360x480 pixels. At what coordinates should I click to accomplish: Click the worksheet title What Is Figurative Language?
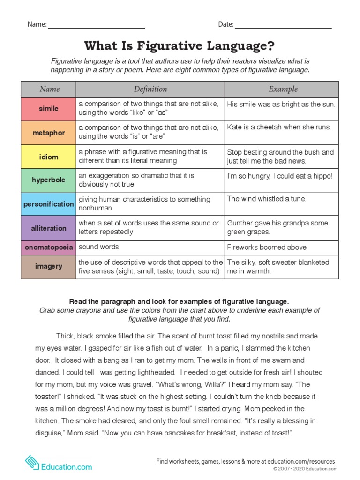tap(180, 46)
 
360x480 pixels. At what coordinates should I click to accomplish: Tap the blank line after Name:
tap(96, 26)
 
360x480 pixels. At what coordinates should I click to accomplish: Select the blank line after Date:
tap(283, 26)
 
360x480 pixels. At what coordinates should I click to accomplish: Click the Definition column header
tap(150, 89)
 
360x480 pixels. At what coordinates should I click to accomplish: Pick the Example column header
tap(283, 89)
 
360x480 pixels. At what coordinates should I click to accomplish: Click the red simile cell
tap(48, 109)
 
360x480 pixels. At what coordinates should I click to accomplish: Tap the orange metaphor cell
tap(48, 133)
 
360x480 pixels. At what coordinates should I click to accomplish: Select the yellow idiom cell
tap(48, 157)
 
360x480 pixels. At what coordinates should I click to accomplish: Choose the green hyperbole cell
tap(48, 180)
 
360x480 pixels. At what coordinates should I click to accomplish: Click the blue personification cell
tap(48, 204)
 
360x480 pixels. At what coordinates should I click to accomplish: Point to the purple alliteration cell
tap(48, 228)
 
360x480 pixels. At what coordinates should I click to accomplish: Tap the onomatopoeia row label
tap(48, 247)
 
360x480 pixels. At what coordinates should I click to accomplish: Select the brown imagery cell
tap(48, 267)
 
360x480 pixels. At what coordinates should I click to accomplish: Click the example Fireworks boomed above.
tap(267, 247)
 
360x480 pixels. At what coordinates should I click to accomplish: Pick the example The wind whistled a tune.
tap(266, 199)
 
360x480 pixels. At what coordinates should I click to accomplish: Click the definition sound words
tap(99, 247)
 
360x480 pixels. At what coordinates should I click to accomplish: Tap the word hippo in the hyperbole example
tap(322, 175)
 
